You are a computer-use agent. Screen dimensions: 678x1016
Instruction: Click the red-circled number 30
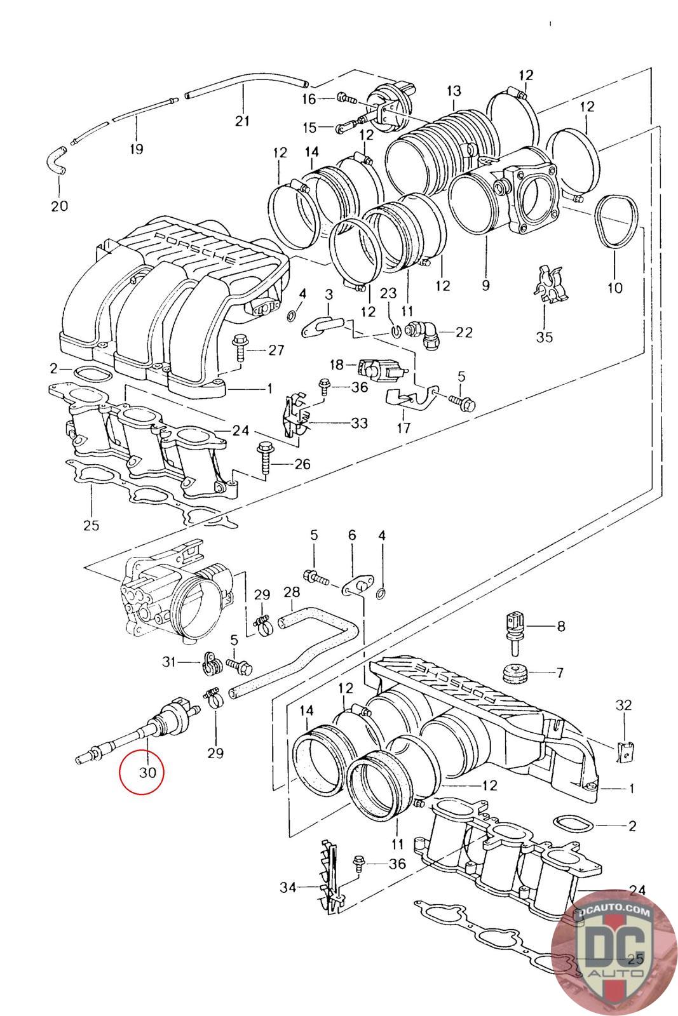coord(147,772)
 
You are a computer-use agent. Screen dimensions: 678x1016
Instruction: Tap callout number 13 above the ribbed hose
coord(453,91)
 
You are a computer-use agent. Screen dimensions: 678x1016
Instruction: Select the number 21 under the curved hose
coord(242,121)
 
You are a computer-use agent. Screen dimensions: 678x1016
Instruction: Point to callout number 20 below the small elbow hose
coord(59,206)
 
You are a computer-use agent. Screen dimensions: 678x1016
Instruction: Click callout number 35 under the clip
coord(545,337)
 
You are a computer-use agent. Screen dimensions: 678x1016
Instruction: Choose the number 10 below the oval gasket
coord(615,288)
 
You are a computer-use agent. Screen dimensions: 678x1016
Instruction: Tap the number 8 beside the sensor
coord(561,626)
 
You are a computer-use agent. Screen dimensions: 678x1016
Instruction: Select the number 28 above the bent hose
coord(292,592)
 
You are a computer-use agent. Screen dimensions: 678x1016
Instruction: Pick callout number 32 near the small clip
coord(623,705)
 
